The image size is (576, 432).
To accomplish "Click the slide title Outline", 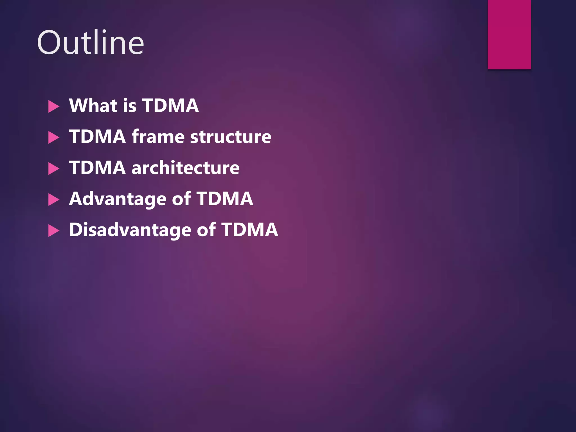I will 90,42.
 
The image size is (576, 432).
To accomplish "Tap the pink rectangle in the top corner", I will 509,34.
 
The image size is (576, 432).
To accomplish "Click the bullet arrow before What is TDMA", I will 53,107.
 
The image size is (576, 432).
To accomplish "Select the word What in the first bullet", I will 93,105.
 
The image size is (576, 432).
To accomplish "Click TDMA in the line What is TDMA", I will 170,105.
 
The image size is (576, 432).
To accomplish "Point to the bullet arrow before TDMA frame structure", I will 53,138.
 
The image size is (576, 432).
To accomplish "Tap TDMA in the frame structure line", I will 97,137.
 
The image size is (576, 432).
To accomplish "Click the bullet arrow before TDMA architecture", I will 53,169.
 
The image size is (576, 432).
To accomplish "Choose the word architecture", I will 186,168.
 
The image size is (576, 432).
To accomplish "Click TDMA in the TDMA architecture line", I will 97,168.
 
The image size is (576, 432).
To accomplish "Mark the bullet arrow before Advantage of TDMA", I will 53,200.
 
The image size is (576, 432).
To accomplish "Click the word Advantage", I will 118,199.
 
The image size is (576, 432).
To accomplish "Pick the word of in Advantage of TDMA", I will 181,199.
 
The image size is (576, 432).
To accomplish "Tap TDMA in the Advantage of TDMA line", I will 225,199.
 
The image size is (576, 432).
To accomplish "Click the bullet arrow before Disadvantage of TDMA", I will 53,231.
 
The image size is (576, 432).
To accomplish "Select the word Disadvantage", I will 130,230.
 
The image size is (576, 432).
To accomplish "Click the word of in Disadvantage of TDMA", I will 206,230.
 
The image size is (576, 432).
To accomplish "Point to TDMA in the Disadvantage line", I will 250,230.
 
